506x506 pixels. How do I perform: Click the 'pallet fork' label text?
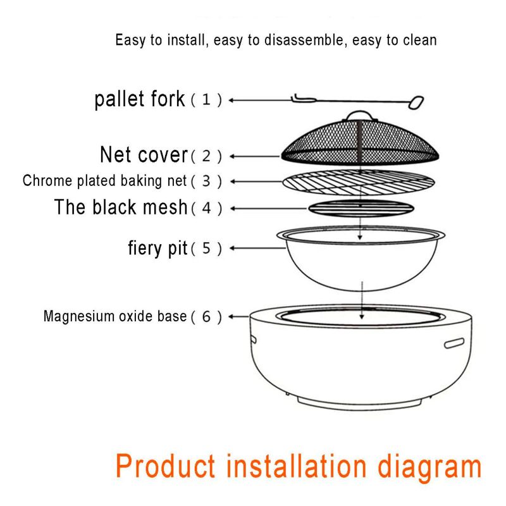[x=139, y=99]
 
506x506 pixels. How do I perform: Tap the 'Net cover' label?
[x=144, y=155]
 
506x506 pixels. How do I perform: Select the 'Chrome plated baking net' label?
[x=104, y=181]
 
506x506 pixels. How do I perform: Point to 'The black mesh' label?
[x=121, y=207]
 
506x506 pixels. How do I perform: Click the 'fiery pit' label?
[x=157, y=249]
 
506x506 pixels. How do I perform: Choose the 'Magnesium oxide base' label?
[x=115, y=316]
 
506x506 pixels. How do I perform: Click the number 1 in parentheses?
[x=206, y=100]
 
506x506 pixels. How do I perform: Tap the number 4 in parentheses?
[x=206, y=209]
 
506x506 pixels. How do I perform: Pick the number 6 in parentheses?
[x=206, y=317]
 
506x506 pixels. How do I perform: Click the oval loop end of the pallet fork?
[x=416, y=102]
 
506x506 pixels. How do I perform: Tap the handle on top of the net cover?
[x=360, y=116]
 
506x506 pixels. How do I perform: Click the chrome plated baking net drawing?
[x=359, y=182]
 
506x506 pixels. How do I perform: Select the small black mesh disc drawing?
[x=361, y=208]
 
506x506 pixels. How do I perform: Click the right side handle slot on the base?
[x=454, y=343]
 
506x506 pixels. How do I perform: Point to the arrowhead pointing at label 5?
[x=231, y=248]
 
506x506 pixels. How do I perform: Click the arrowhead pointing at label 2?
[x=231, y=156]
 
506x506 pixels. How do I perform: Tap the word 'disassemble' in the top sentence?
[x=304, y=40]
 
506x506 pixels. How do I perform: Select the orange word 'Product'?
[x=165, y=466]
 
